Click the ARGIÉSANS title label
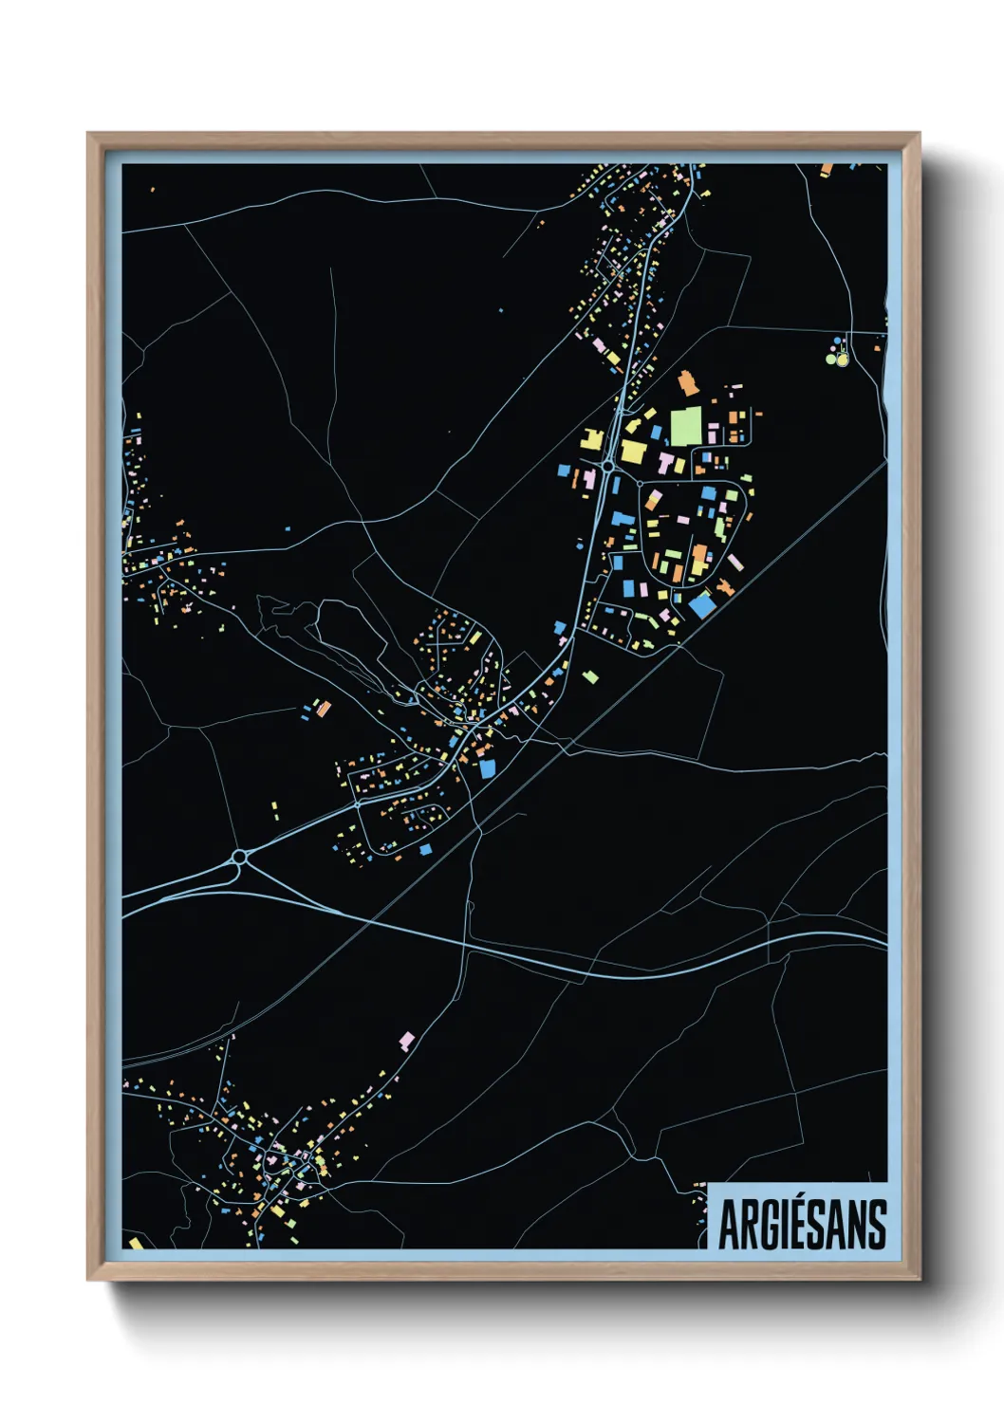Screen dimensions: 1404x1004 802,1224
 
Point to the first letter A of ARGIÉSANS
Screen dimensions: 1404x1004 730,1225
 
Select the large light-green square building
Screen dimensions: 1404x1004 686,426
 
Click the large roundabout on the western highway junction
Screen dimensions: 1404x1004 239,858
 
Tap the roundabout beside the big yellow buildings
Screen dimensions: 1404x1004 606,467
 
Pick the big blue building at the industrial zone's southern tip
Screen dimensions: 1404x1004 701,604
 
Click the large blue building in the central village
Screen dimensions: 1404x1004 488,767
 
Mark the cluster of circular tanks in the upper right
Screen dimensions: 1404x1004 838,351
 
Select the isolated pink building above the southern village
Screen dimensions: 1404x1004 407,1041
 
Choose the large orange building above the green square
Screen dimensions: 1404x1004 688,383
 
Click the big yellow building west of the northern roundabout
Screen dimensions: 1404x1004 591,441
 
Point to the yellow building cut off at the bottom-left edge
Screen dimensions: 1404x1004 135,1243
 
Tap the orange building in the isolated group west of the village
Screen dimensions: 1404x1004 324,708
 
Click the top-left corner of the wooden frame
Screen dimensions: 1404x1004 89,135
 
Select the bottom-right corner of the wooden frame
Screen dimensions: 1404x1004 918,1278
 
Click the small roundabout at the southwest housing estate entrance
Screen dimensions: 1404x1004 358,804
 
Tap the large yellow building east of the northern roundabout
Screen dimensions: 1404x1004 633,451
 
